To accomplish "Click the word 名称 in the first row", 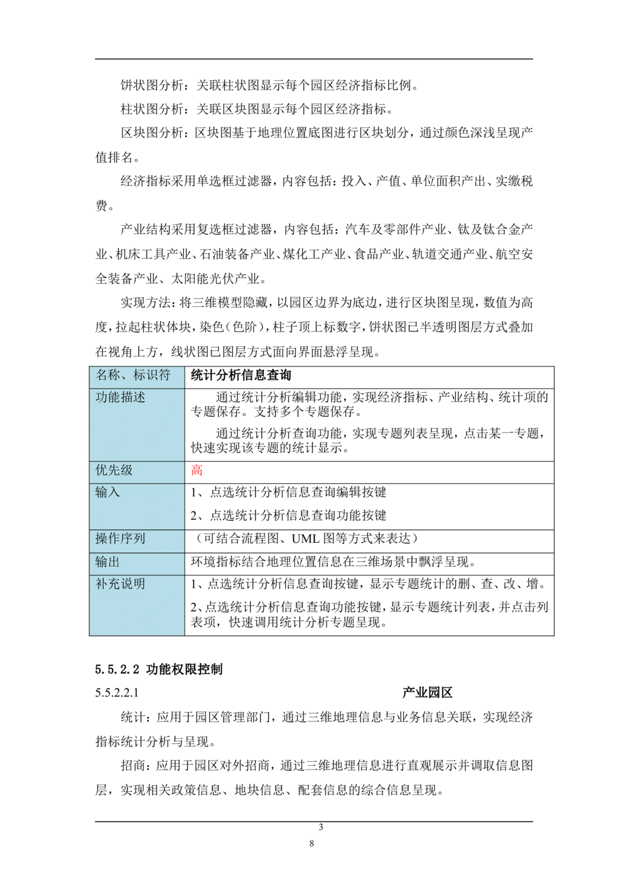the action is coord(107,375).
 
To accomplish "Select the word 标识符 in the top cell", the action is coord(151,375).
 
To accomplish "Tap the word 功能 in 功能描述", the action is coord(107,397).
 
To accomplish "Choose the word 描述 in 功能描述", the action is coord(133,397).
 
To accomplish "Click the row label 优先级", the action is coord(114,470).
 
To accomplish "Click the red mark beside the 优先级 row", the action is coord(198,469).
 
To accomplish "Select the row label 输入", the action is coord(107,492).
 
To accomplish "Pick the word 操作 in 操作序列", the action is coord(107,538).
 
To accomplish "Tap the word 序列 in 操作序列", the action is coord(133,538).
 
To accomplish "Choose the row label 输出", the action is coord(107,562).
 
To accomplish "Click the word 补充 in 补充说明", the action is coord(107,584).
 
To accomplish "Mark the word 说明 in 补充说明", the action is coord(133,584).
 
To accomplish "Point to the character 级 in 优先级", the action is coord(126,470).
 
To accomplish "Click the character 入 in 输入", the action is coord(114,492).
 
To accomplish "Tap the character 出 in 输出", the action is coord(114,562).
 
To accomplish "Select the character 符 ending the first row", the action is coord(164,375).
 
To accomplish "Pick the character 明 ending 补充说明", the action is coord(139,584).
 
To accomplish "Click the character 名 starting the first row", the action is coord(101,375).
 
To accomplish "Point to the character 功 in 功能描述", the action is coord(101,397).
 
